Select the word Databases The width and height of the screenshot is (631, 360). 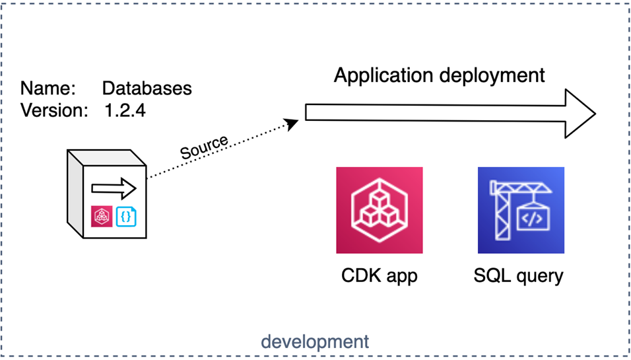pos(147,89)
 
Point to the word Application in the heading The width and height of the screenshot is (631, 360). pos(383,75)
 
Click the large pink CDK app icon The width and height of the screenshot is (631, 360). pos(379,210)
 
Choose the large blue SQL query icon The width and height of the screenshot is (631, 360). pos(521,210)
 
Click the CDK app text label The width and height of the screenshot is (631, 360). pos(379,275)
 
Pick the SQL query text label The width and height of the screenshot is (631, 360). pos(519,275)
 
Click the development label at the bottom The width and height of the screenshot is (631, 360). pos(315,342)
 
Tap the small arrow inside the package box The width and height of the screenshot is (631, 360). pos(114,189)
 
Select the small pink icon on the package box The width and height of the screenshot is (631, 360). pos(102,216)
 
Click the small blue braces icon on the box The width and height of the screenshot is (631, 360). pos(125,216)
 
